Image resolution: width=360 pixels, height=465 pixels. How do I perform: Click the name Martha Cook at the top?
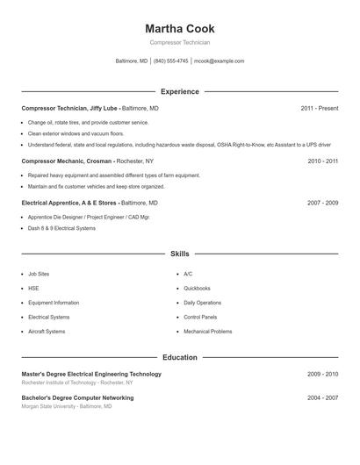pyautogui.click(x=180, y=29)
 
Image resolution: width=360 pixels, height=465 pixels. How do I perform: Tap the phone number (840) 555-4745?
pyautogui.click(x=171, y=61)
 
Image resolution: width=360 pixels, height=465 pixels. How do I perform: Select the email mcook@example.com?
pyautogui.click(x=220, y=61)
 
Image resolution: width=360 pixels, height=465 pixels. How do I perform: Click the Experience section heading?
pyautogui.click(x=180, y=91)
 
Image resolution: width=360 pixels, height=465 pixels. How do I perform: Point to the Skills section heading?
pyautogui.click(x=180, y=254)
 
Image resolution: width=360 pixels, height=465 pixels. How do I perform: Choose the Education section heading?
pyautogui.click(x=180, y=358)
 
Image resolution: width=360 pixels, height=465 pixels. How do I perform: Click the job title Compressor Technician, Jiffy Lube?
pyautogui.click(x=69, y=108)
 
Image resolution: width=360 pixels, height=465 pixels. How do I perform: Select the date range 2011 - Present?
pyautogui.click(x=319, y=108)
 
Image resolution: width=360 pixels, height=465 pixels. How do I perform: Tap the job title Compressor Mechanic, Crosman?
pyautogui.click(x=67, y=161)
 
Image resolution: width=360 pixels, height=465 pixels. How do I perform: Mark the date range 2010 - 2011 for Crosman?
pyautogui.click(x=322, y=161)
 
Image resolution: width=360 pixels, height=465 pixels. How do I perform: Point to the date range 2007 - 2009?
pyautogui.click(x=322, y=203)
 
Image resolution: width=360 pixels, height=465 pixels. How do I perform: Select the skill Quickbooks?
pyautogui.click(x=197, y=288)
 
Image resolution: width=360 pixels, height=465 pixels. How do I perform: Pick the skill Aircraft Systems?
pyautogui.click(x=47, y=332)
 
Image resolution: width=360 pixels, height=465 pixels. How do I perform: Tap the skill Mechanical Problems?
pyautogui.click(x=208, y=332)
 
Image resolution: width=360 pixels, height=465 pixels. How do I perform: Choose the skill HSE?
pyautogui.click(x=33, y=288)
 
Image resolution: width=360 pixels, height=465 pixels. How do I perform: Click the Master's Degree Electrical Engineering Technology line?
pyautogui.click(x=91, y=374)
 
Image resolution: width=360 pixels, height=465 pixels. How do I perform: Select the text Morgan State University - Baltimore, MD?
pyautogui.click(x=67, y=406)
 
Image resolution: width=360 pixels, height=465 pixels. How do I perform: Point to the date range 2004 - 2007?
pyautogui.click(x=322, y=397)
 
